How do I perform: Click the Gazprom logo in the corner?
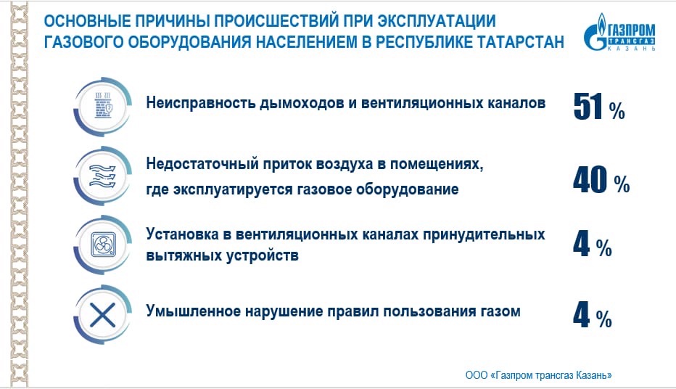coord(620,32)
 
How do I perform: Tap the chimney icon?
coord(103,105)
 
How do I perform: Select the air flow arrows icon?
coord(102,176)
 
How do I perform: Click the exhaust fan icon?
coord(104,245)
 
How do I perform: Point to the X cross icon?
coord(102,314)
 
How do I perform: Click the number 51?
coord(588,107)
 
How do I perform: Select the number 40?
coord(590,180)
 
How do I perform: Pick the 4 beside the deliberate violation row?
coord(581,315)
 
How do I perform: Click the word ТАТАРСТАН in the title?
coord(520,42)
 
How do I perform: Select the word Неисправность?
coord(199,103)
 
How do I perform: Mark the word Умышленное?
coord(192,311)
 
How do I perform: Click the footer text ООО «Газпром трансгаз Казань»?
coord(538,375)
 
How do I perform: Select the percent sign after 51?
coord(617,112)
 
